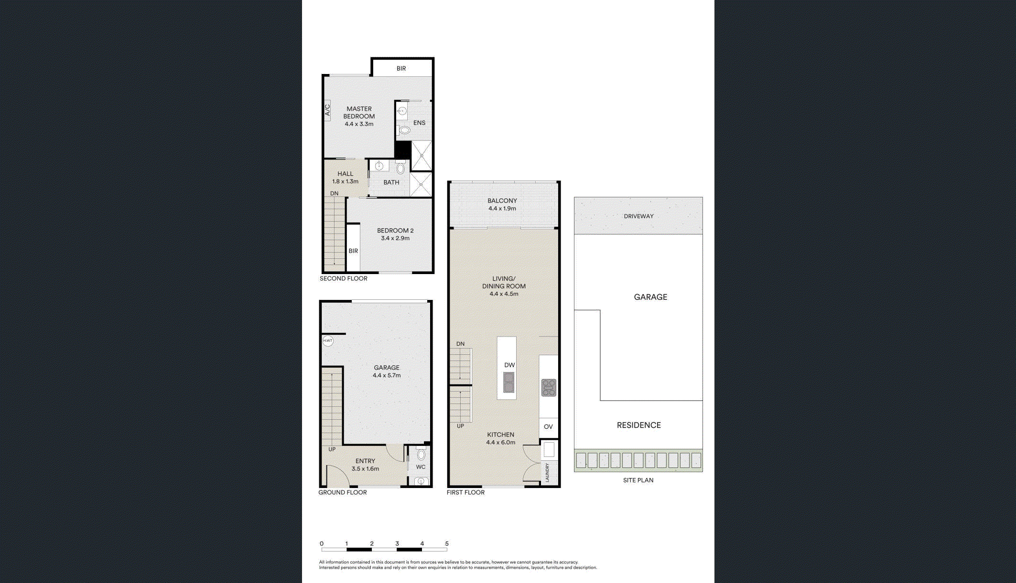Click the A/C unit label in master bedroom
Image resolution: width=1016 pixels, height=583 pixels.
tap(328, 110)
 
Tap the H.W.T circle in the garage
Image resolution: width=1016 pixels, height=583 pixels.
tap(327, 341)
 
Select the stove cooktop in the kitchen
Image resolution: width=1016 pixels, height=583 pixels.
tap(549, 388)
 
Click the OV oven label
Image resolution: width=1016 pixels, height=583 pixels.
tap(548, 427)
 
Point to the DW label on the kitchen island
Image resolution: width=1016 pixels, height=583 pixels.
tap(509, 365)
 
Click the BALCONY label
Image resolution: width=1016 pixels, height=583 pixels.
tap(502, 201)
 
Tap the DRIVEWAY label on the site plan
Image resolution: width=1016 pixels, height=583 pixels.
tap(638, 216)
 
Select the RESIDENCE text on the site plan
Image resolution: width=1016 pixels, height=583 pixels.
tap(639, 425)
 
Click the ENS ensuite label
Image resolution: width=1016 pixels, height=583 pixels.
tap(419, 123)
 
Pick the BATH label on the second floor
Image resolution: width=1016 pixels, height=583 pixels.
tap(391, 182)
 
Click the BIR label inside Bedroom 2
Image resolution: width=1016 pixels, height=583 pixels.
tap(353, 251)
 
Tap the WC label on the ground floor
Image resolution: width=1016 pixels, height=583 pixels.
tap(421, 467)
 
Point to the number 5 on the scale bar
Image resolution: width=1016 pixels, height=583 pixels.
tap(447, 543)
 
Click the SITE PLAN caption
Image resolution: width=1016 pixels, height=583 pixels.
tap(638, 480)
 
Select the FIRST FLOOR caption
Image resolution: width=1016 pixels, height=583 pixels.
tap(465, 492)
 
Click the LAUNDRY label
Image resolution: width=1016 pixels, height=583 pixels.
tap(547, 472)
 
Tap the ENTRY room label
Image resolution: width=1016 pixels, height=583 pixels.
tap(365, 461)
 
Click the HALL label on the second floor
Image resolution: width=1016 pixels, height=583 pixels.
tap(345, 174)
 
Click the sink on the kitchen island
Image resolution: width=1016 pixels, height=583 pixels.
tap(508, 382)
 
